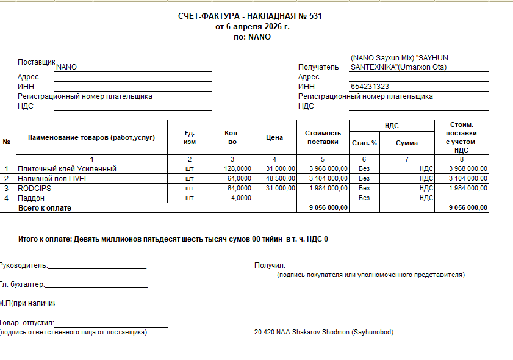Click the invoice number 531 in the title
click(315, 16)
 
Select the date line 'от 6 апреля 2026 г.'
click(253, 26)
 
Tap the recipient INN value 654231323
click(370, 87)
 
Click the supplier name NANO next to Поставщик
click(66, 67)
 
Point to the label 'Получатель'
click(318, 67)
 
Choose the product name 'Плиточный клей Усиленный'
click(67, 168)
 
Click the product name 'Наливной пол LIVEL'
click(53, 178)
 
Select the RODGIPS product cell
click(34, 188)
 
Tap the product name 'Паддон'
click(30, 198)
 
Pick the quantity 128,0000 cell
click(237, 168)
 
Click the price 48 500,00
click(281, 178)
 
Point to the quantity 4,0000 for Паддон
click(240, 198)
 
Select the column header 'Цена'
click(274, 138)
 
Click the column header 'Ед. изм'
click(190, 138)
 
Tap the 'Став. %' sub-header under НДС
click(364, 143)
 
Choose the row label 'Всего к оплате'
click(45, 208)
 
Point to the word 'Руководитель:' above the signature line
click(24, 265)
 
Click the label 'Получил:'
click(270, 265)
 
